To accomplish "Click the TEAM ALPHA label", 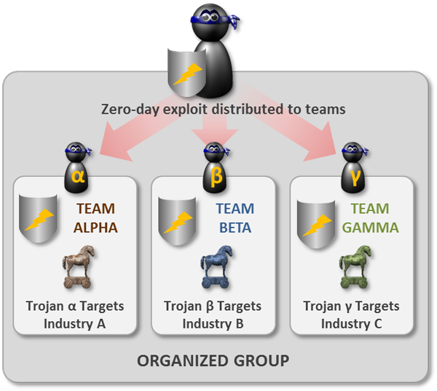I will (95, 217).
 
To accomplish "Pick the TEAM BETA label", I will (235, 217).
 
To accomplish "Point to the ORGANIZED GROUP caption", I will (213, 360).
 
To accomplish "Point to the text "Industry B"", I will (213, 323).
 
